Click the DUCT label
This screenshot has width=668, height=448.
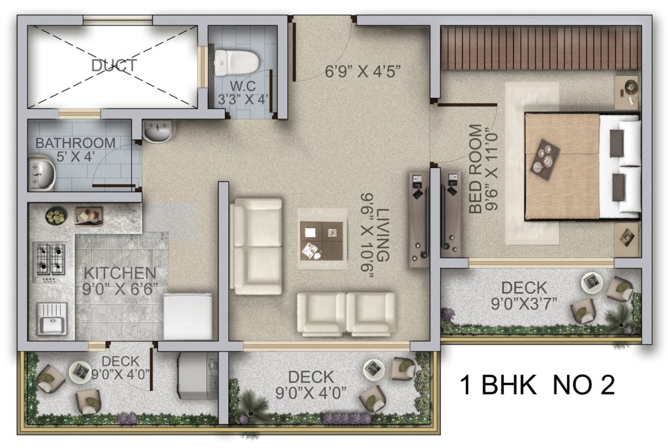tap(114, 65)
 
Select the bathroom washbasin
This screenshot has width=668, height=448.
tap(42, 173)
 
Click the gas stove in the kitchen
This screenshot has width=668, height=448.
tap(50, 263)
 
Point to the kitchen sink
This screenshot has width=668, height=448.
tap(52, 318)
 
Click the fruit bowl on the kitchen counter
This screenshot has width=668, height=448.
tap(56, 216)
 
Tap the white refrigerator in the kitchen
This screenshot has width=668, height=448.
tap(188, 316)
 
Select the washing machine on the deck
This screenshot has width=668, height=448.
tap(198, 375)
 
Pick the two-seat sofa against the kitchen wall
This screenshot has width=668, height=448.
tap(256, 246)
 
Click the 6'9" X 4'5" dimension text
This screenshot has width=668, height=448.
tap(363, 71)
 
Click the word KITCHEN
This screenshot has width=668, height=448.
tap(120, 273)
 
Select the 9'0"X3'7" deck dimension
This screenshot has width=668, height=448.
tap(524, 304)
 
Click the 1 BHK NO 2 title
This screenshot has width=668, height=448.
tap(538, 385)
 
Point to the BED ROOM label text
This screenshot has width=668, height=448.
tap(476, 168)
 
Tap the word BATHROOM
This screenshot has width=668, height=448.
tap(75, 143)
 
